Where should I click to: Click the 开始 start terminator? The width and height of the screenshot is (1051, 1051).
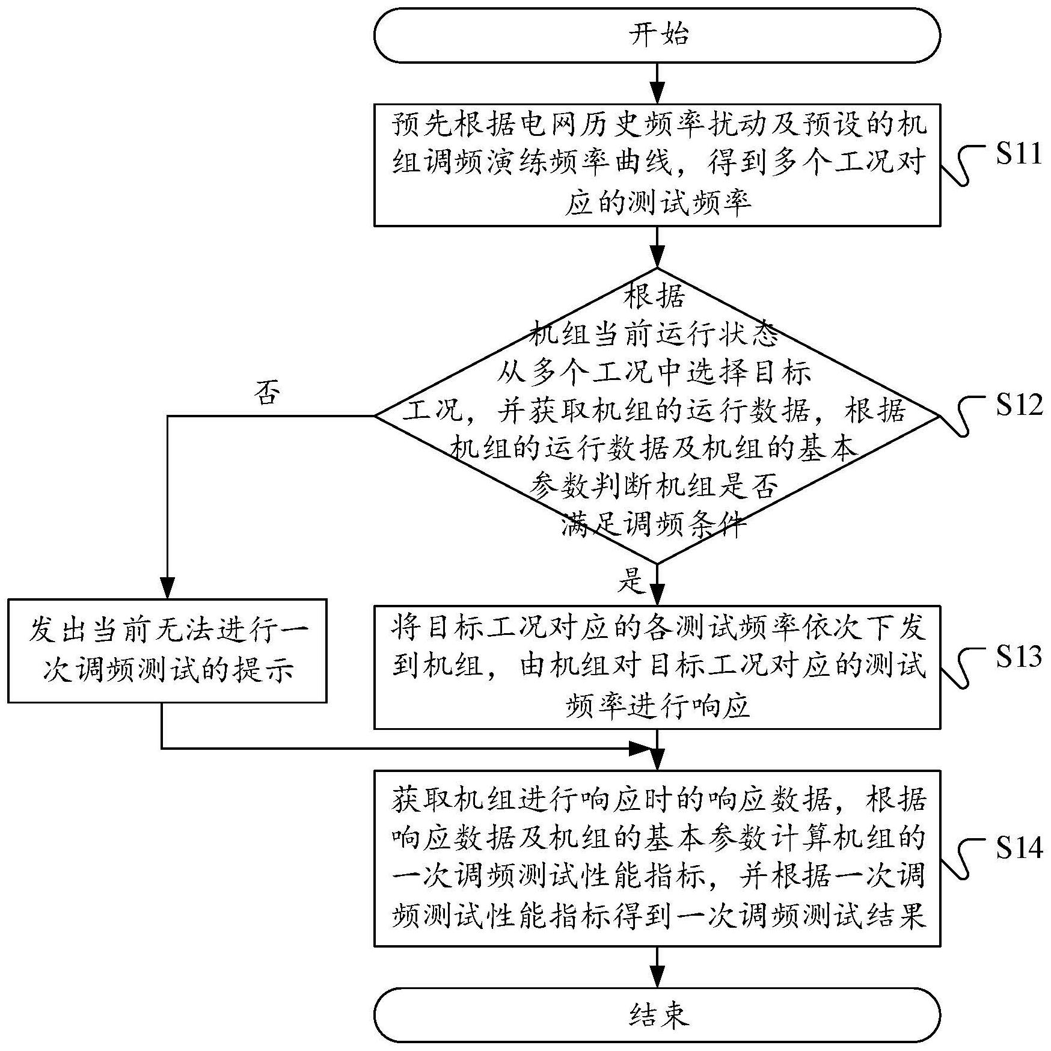657,35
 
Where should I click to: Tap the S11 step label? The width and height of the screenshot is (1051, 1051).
1018,155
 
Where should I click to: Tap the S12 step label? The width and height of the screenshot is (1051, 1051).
1018,405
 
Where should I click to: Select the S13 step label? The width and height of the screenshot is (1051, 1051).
1018,657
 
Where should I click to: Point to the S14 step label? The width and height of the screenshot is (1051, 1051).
1018,848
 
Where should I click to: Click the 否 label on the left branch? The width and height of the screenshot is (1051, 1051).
267,394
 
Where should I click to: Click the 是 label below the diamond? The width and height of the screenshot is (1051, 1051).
631,581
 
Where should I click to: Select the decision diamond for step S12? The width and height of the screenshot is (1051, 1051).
657,415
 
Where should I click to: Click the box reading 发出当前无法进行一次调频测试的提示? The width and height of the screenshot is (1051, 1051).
167,651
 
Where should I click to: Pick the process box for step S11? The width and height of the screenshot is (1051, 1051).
657,165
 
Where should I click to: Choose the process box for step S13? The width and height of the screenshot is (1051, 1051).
657,667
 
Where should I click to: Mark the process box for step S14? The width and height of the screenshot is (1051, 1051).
657,858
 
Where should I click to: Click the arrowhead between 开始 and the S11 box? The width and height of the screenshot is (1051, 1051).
657,94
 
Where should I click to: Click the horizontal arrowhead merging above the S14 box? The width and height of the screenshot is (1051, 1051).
641,749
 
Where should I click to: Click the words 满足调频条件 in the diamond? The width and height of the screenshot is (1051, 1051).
655,525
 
